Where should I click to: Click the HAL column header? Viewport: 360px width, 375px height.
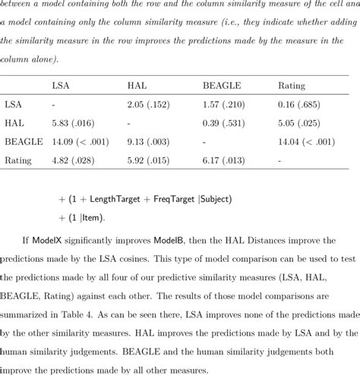[x=137, y=86]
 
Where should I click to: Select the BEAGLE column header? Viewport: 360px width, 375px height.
[x=220, y=86]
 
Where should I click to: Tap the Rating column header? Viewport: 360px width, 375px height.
[x=292, y=86]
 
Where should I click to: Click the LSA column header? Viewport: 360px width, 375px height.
[x=60, y=86]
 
